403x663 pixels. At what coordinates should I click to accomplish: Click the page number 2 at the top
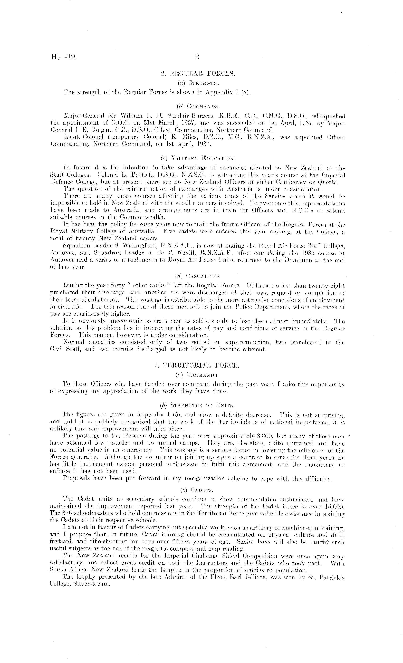tap(197, 57)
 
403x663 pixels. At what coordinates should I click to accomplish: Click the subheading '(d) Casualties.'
tap(198, 276)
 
